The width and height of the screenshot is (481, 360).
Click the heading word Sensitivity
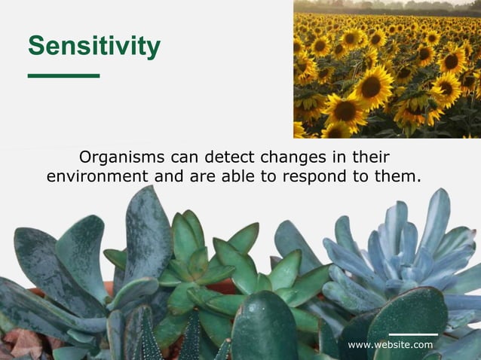tap(94, 46)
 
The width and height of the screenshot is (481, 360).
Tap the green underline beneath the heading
tap(63, 75)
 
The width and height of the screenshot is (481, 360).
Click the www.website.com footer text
tap(391, 345)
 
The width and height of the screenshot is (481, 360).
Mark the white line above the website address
tap(413, 334)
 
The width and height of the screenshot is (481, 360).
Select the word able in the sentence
tap(232, 177)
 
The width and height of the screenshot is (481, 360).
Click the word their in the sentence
tap(369, 158)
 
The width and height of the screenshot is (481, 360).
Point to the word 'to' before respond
tap(263, 177)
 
